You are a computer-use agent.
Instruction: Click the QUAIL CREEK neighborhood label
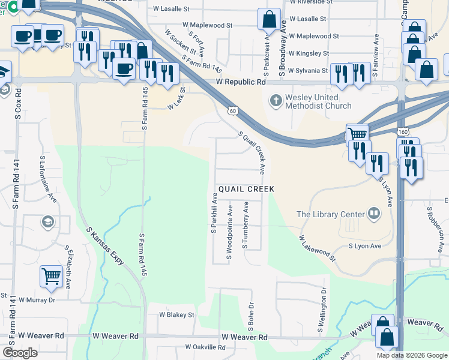246,189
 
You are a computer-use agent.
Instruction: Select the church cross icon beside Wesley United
276,101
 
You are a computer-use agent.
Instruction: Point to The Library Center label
331,214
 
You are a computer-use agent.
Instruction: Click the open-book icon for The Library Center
373,214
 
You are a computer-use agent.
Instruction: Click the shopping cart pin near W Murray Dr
52,277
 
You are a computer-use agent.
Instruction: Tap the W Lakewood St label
318,248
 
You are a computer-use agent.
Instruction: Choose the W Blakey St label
176,314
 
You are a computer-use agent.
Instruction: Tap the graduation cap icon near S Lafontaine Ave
47,223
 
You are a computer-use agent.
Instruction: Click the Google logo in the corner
20,353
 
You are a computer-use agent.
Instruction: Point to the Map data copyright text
411,355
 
